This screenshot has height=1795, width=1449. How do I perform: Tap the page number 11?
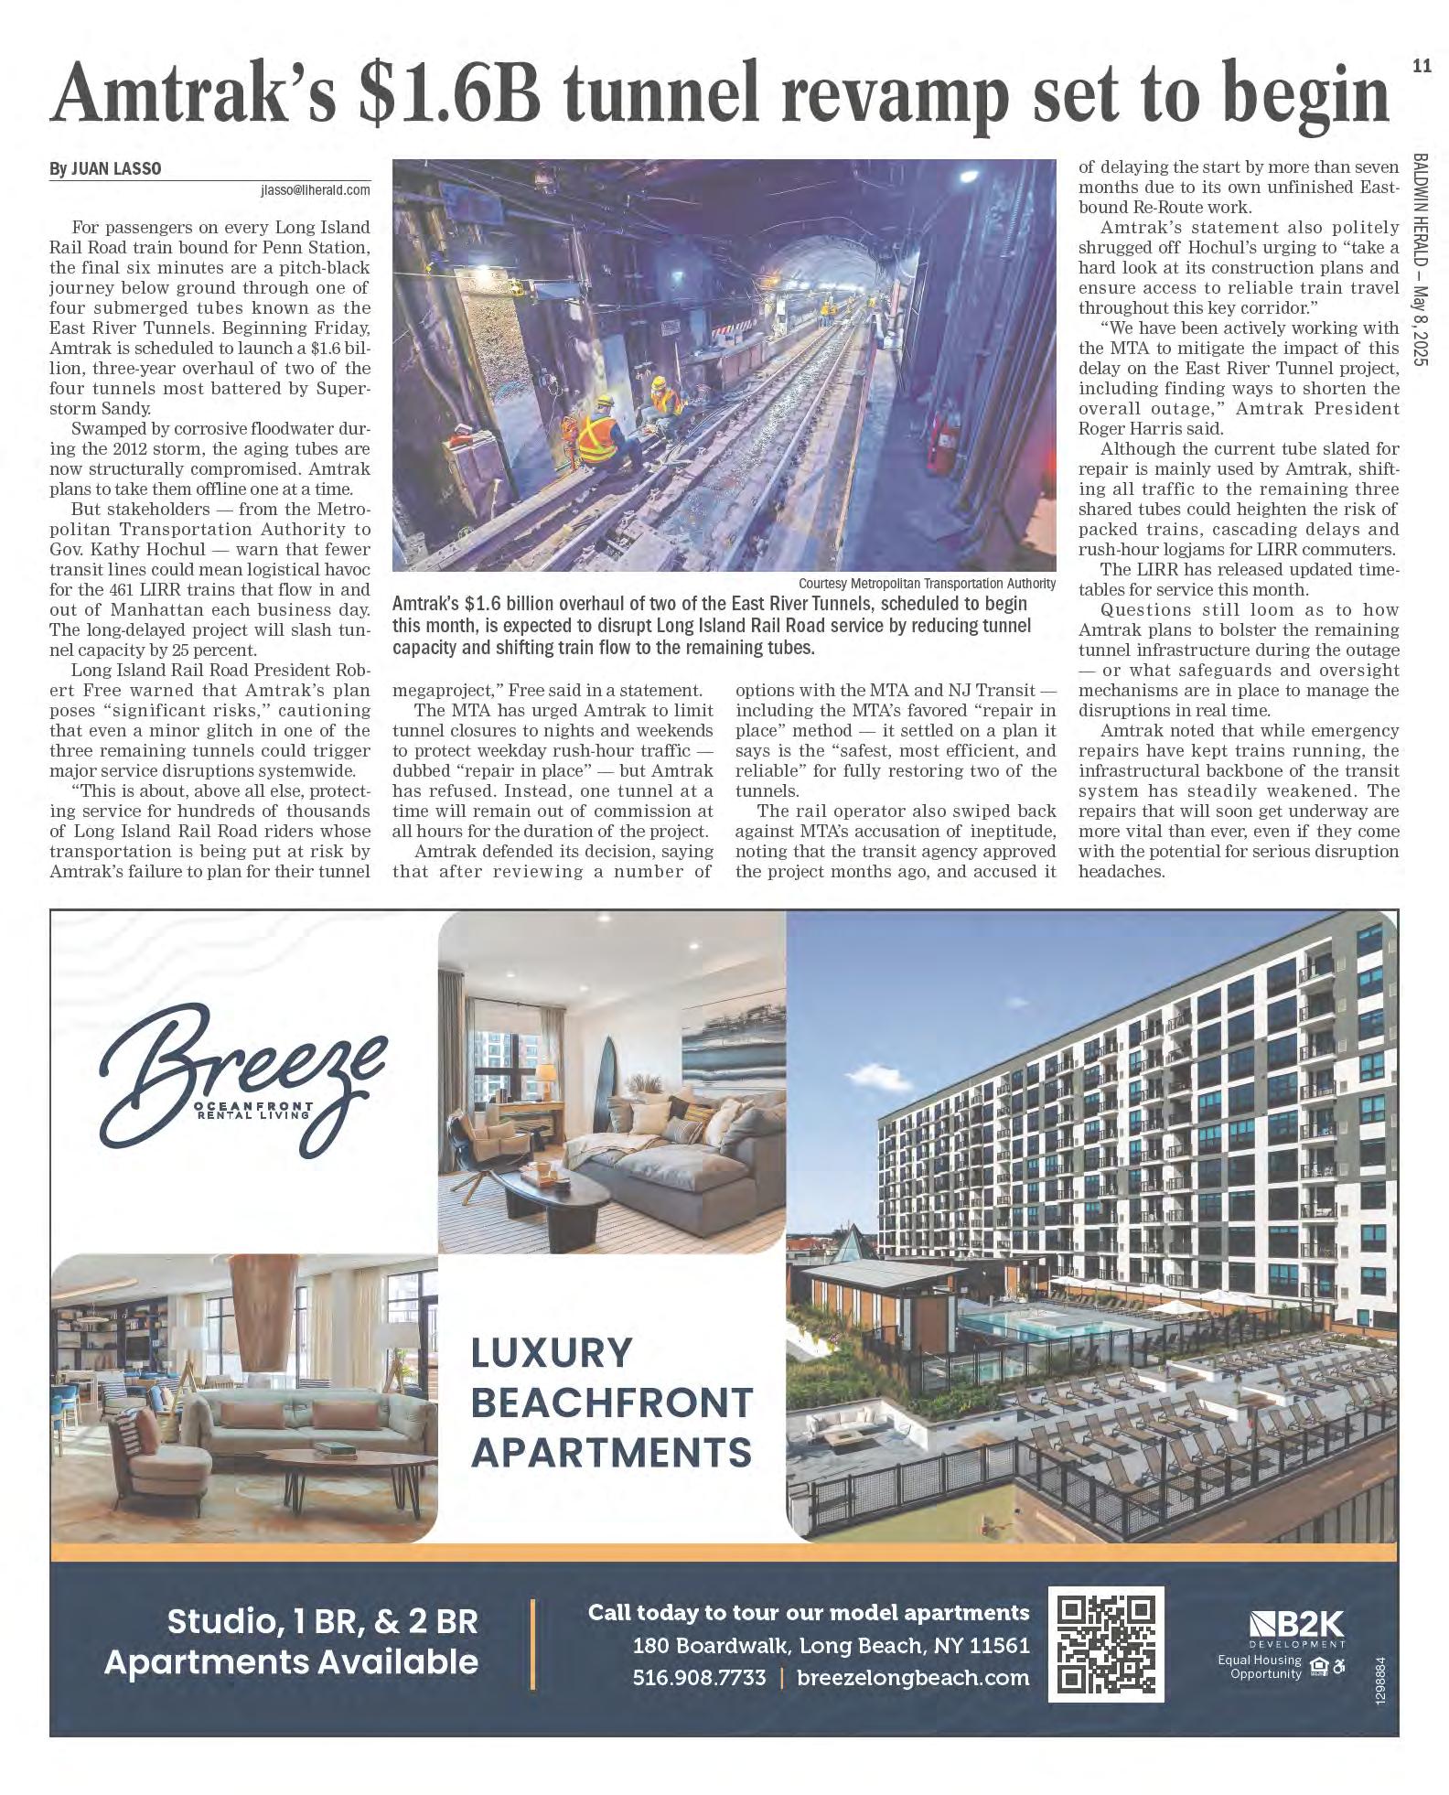(1421, 66)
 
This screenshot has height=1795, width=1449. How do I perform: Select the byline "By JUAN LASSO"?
(105, 169)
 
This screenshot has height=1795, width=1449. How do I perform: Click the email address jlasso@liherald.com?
(316, 190)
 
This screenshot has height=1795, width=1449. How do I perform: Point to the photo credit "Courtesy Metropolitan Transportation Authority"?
(927, 584)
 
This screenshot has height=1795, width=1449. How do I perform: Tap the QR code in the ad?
(1105, 1644)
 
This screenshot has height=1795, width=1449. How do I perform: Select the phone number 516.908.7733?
(699, 1678)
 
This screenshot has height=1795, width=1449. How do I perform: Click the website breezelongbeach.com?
(913, 1678)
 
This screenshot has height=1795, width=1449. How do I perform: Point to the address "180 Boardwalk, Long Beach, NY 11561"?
(831, 1646)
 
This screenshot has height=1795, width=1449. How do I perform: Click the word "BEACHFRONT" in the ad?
(611, 1402)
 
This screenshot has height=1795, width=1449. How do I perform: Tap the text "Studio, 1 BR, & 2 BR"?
(322, 1621)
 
